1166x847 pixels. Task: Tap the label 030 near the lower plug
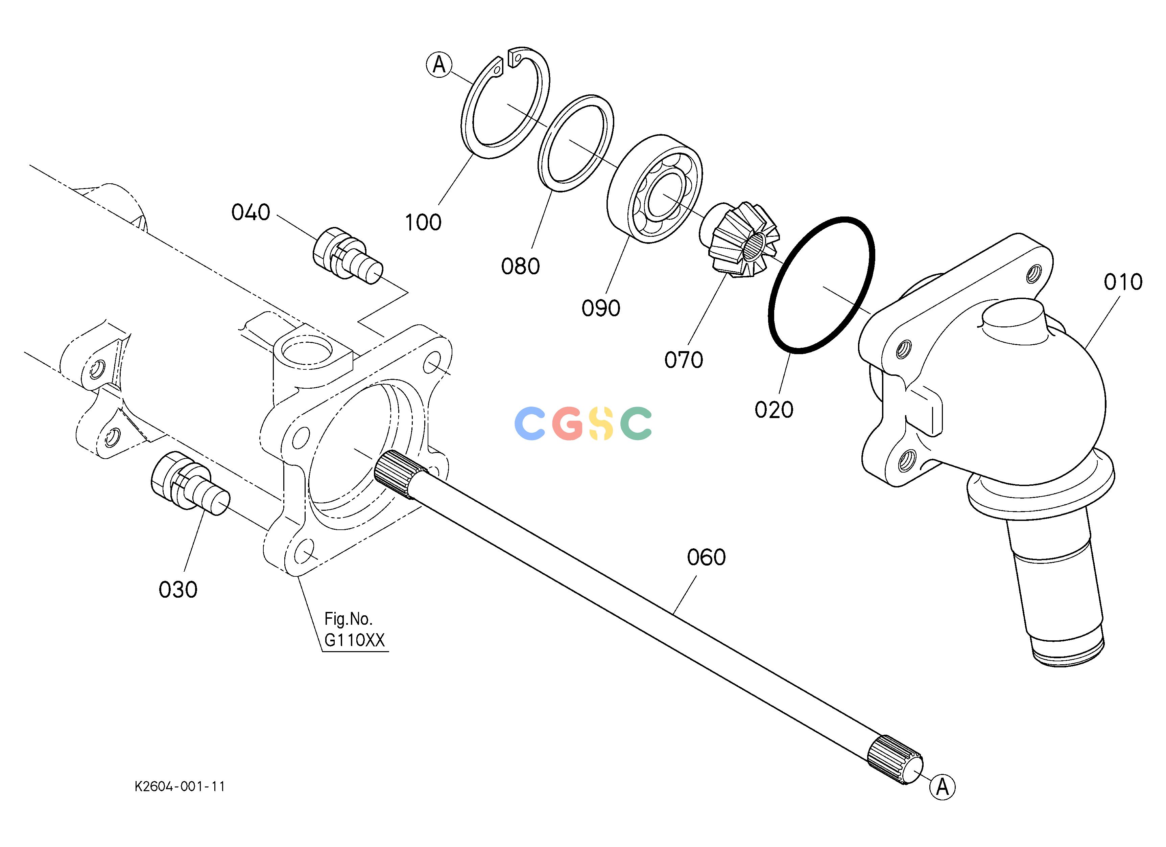pos(178,590)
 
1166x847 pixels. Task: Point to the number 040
pos(251,212)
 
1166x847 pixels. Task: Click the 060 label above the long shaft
pos(706,557)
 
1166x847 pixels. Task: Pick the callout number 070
pos(683,360)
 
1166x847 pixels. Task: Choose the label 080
pos(520,267)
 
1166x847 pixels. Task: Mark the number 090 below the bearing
pos(600,308)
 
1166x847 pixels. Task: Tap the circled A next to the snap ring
pos(439,65)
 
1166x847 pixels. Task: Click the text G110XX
pos(354,640)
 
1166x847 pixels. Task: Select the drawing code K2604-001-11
pos(180,786)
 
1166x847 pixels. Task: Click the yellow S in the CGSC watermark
pos(600,423)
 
